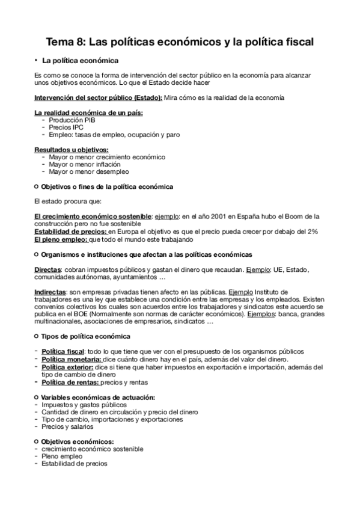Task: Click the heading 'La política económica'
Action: tap(81, 61)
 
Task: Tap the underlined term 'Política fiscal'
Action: tap(63, 351)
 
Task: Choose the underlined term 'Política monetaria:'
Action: tap(70, 359)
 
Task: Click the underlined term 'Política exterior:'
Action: tap(67, 366)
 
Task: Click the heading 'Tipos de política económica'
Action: tap(85, 336)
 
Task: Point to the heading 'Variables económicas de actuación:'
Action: tap(98, 398)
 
